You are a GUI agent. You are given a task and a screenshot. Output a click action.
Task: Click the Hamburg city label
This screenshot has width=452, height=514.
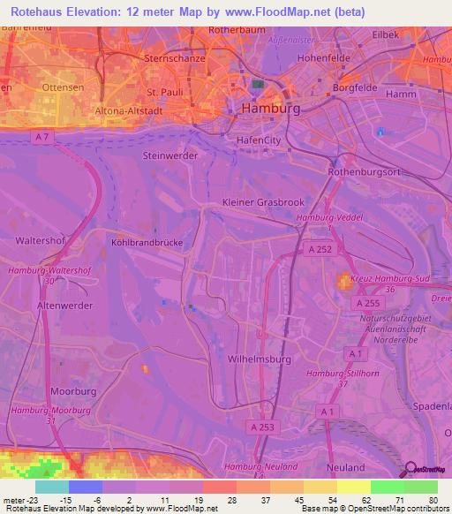click(270, 108)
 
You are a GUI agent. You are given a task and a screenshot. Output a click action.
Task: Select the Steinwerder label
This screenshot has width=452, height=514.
click(169, 155)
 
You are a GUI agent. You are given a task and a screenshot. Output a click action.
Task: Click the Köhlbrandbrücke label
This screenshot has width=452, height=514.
click(147, 240)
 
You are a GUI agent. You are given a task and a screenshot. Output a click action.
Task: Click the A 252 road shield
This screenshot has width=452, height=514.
click(322, 250)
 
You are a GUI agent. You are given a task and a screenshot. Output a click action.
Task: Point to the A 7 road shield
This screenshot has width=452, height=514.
click(41, 137)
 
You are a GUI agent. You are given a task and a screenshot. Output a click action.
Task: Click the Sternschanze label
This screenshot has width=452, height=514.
click(174, 58)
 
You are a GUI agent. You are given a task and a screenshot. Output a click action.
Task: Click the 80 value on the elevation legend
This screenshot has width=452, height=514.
click(433, 499)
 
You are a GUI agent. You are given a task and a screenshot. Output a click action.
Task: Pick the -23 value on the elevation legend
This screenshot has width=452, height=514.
click(20, 499)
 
